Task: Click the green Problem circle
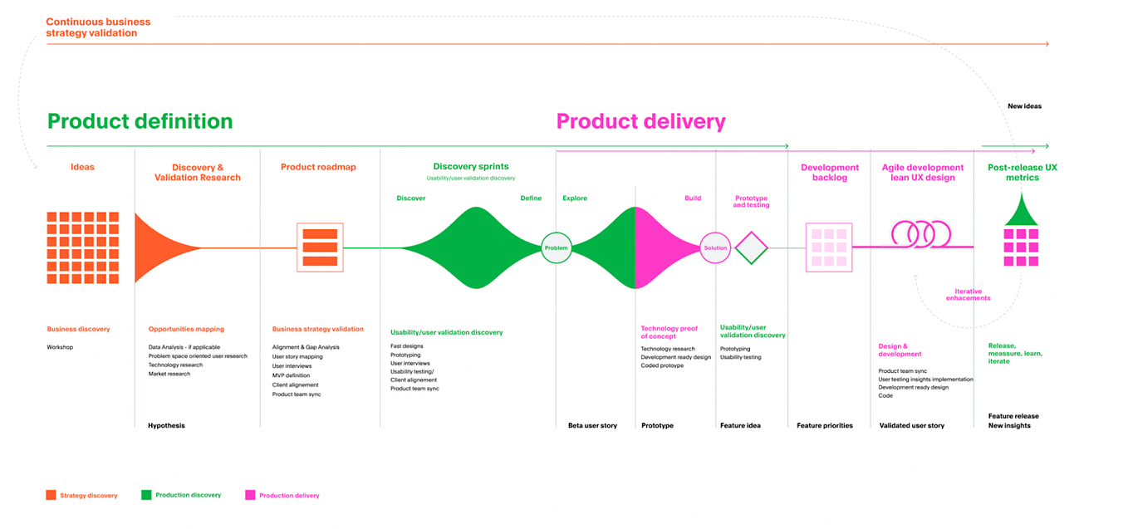[x=557, y=247]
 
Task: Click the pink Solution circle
[x=714, y=247]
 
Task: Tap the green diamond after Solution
[x=751, y=247]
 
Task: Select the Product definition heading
[x=140, y=121]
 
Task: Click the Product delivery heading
[x=640, y=121]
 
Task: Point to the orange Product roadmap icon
[x=320, y=247]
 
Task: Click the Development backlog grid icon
[x=829, y=247]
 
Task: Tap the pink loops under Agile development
[x=920, y=233]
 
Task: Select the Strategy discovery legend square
[x=51, y=495]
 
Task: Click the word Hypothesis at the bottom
[x=166, y=425]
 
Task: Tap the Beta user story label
[x=592, y=425]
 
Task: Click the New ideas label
[x=1024, y=106]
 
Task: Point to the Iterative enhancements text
[x=968, y=295]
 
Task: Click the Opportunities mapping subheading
[x=186, y=329]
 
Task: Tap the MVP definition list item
[x=291, y=375]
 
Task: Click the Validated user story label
[x=912, y=425]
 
